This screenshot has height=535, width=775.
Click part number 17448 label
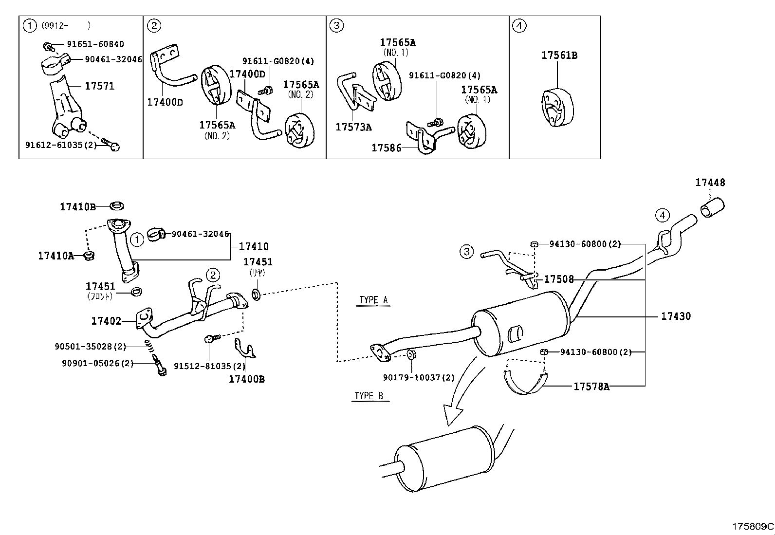click(710, 183)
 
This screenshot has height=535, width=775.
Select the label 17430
click(676, 316)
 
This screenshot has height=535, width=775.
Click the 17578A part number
click(591, 387)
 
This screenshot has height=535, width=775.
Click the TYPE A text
click(373, 300)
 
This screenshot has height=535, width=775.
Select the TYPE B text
click(369, 396)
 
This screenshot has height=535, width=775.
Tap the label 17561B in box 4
click(559, 55)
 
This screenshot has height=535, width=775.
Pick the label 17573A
click(353, 127)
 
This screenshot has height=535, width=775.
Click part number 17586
click(386, 148)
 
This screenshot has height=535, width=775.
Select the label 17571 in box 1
click(99, 86)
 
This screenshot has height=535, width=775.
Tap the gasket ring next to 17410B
click(116, 206)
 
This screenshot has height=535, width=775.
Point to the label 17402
click(106, 321)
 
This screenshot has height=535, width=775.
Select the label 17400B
click(246, 379)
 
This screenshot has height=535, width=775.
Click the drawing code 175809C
click(753, 526)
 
